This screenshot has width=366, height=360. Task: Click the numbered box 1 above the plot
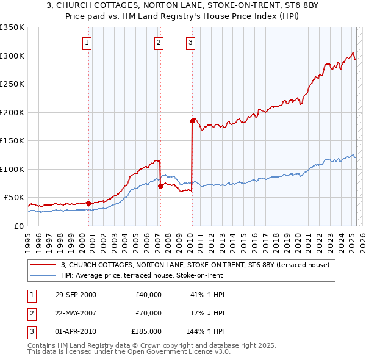coord(87,43)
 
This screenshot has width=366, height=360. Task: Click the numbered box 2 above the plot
coord(159,43)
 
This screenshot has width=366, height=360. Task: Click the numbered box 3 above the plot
coord(190,43)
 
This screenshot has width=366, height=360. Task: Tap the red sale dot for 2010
coord(192,121)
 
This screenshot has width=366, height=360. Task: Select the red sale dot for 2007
coord(160,186)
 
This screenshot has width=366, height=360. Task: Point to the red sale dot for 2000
coord(88,203)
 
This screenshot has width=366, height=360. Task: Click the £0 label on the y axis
coord(18,226)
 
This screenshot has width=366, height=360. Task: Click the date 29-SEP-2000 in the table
coord(76,295)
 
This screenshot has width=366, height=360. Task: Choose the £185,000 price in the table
coord(146,331)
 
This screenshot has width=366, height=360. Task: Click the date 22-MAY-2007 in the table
coord(76,313)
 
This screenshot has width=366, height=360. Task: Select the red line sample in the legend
coord(44,265)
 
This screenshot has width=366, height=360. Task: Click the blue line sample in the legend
coord(44,275)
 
